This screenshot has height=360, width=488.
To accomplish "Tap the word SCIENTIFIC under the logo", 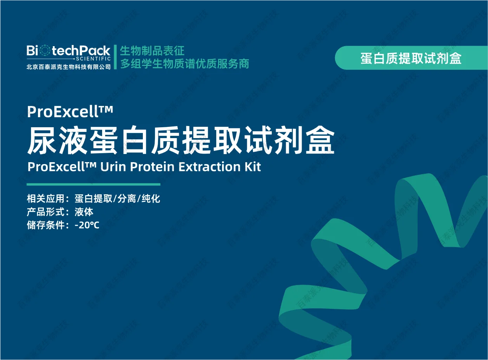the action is click(93, 59).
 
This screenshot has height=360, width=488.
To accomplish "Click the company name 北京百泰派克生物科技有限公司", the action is click(68, 67).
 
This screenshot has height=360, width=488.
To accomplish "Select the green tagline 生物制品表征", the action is click(152, 51).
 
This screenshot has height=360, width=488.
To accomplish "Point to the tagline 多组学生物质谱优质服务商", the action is click(184, 64).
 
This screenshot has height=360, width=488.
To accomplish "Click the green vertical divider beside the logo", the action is click(115, 57).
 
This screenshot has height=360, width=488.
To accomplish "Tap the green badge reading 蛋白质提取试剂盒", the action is click(411, 58).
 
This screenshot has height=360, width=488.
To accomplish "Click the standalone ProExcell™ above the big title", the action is click(70, 111).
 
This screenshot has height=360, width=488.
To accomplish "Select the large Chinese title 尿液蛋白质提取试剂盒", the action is click(181, 140).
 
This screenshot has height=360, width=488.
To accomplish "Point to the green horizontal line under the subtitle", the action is click(94, 184).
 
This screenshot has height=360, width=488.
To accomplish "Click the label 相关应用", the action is click(45, 199).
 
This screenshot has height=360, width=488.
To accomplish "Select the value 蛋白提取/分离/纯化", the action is click(117, 199).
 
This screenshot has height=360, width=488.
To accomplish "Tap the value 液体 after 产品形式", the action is click(84, 212).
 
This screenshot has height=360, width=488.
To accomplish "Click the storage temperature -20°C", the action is click(87, 225).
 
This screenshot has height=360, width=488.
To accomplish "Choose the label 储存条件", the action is click(45, 225).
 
